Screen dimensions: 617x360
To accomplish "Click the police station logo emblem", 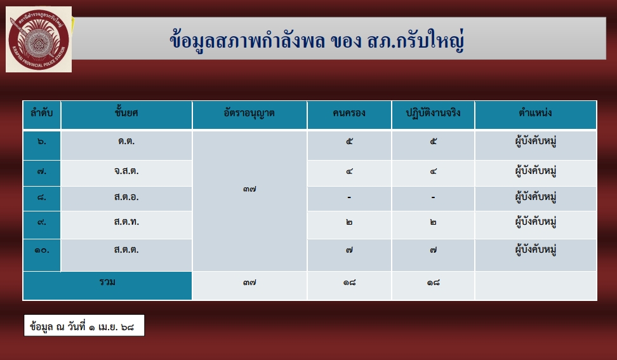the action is tap(39, 39).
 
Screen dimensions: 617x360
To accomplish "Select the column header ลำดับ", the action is tap(42, 113).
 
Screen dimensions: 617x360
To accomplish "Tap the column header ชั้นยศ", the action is tap(126, 113).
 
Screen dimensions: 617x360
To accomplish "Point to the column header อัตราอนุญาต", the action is tap(249, 114).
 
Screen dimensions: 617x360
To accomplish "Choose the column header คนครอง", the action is tap(349, 113).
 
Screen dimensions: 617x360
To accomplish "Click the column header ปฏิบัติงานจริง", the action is tap(433, 113).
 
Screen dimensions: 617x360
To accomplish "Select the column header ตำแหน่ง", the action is tap(535, 113).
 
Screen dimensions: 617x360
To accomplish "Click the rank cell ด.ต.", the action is tap(126, 141).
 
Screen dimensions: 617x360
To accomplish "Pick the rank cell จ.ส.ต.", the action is tap(126, 171).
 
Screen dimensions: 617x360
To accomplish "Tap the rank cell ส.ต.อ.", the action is tap(126, 197).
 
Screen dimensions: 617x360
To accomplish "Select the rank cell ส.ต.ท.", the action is tap(126, 222).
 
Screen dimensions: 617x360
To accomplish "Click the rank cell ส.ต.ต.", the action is tap(126, 250).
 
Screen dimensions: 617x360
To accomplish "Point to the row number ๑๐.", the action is tap(42, 250).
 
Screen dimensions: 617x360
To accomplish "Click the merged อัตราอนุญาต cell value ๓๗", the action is tap(249, 189).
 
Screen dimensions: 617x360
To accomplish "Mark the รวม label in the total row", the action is tap(107, 282).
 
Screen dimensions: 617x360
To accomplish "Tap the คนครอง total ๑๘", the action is tap(349, 283).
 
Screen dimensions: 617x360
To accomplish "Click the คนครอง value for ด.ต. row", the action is tap(349, 142).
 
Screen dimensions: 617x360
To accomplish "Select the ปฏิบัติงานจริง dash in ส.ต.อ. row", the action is tap(433, 197).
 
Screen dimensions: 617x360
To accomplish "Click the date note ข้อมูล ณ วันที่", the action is tap(82, 326).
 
